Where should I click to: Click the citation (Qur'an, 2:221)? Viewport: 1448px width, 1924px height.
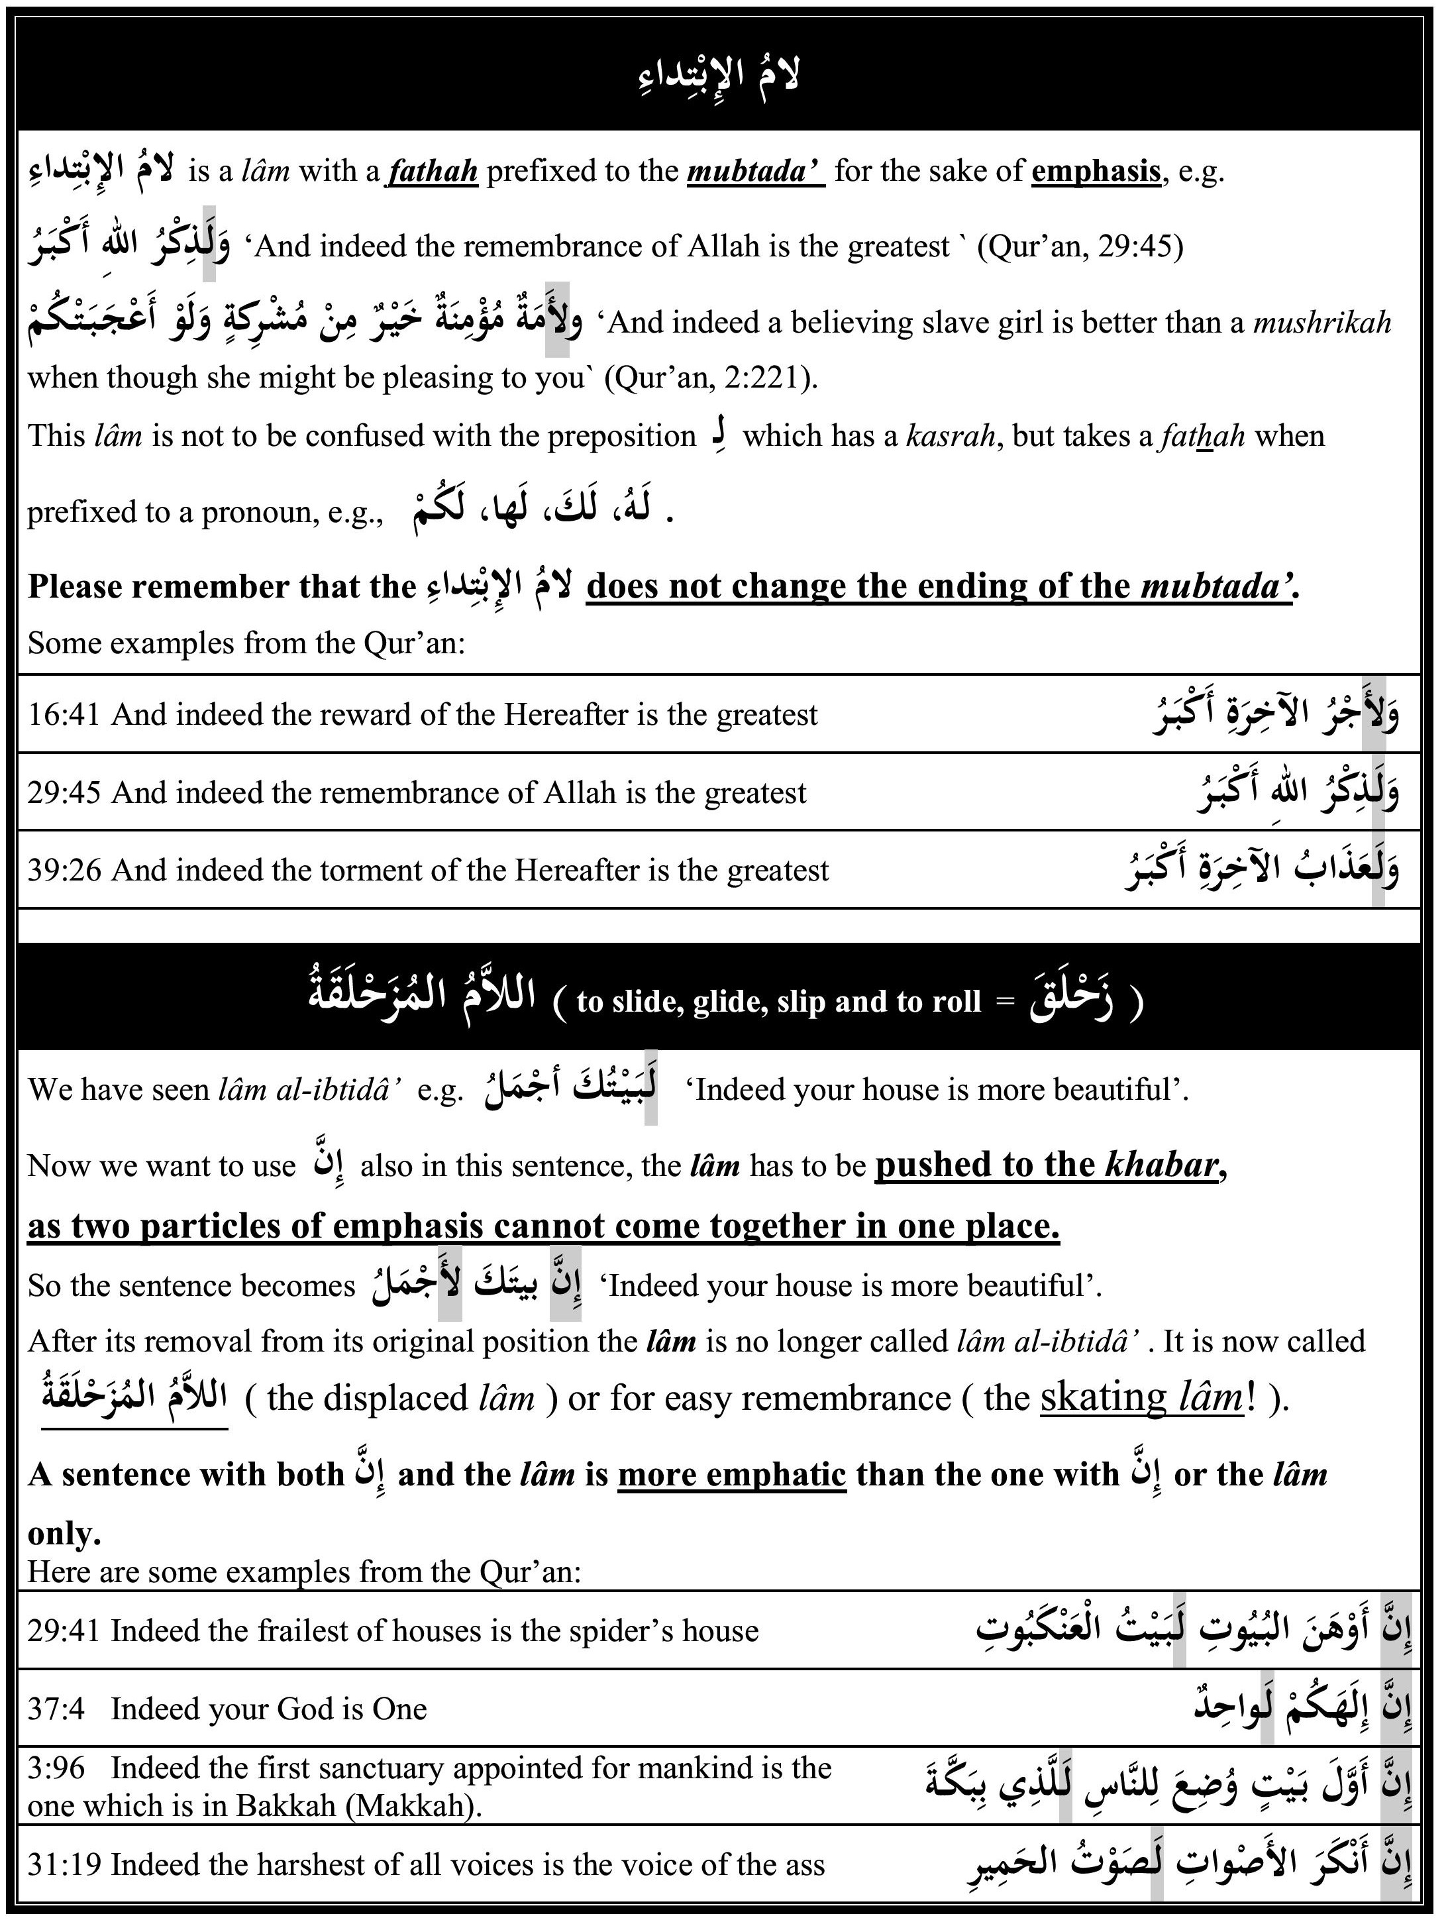tap(711, 378)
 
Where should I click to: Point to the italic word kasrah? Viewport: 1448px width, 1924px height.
tap(951, 436)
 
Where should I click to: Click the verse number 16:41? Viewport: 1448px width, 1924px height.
tap(64, 715)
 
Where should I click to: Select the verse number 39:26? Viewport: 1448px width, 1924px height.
tap(64, 871)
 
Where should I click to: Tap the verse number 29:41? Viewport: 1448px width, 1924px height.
tap(64, 1631)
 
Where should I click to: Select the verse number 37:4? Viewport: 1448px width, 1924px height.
tap(56, 1709)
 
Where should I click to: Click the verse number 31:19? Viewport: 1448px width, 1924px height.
tap(64, 1865)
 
